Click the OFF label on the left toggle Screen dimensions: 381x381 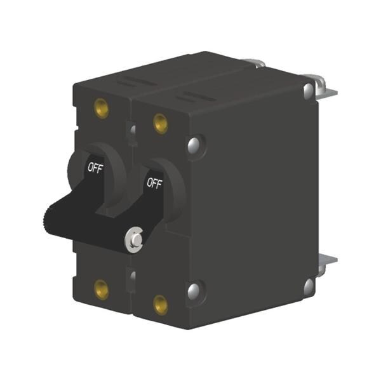[x=95, y=168]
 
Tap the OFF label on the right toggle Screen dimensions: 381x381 [x=154, y=183]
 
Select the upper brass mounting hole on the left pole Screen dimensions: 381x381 [x=102, y=108]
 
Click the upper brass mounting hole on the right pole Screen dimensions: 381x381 [x=161, y=124]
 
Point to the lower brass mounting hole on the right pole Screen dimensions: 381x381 [x=161, y=305]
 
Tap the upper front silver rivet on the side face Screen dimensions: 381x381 [x=194, y=145]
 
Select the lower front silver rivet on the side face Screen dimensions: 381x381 [x=194, y=291]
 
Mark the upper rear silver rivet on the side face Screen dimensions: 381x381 [x=309, y=90]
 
